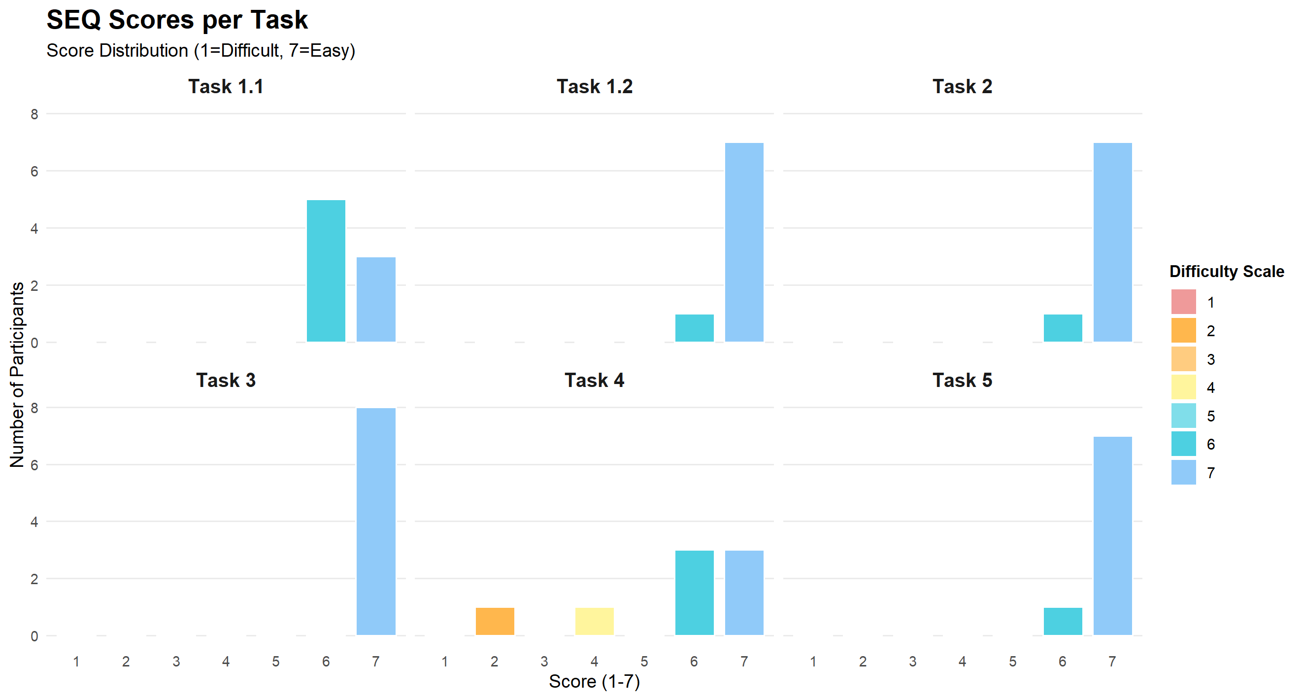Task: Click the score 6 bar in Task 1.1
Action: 326,271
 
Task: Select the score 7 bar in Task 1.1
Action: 376,300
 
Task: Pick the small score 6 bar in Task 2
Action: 1063,328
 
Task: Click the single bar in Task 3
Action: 376,522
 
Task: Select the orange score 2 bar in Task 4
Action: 495,621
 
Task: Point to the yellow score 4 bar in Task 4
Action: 594,621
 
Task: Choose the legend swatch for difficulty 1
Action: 1183,302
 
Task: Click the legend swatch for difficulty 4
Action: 1183,387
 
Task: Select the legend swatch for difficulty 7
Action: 1183,472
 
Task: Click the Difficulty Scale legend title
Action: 1226,272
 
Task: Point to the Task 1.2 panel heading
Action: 594,87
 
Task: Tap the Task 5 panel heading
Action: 962,380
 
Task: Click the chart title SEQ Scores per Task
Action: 177,20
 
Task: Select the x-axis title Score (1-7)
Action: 594,681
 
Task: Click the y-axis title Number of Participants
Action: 17,375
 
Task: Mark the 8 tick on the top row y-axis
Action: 34,114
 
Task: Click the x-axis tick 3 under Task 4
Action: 544,662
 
